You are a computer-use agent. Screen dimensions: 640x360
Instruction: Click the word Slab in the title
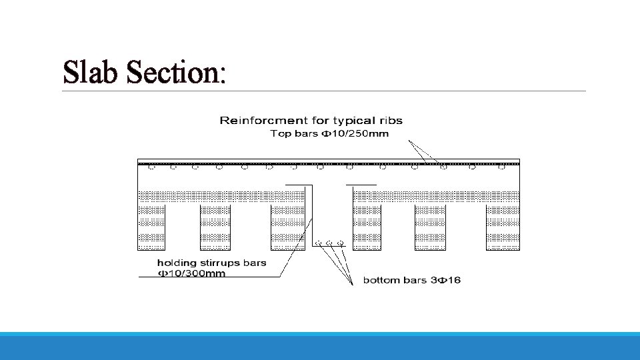tap(91, 72)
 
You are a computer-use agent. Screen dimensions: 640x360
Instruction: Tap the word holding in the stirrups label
tap(176, 262)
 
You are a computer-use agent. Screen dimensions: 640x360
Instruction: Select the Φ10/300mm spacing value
tap(191, 273)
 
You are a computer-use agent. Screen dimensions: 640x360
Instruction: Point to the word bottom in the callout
tap(379, 280)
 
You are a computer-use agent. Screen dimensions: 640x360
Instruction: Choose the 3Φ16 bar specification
tap(445, 280)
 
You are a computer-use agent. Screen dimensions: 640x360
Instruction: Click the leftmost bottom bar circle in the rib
tap(319, 241)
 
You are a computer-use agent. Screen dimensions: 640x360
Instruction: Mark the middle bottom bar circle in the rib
tap(329, 241)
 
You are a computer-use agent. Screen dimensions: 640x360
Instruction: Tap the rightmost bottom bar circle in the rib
tap(340, 241)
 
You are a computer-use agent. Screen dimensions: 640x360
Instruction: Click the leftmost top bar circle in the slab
tap(151, 167)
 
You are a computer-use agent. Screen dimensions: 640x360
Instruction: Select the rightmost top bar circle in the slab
tap(499, 167)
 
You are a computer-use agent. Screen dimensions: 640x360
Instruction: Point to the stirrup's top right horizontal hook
tap(361, 184)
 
